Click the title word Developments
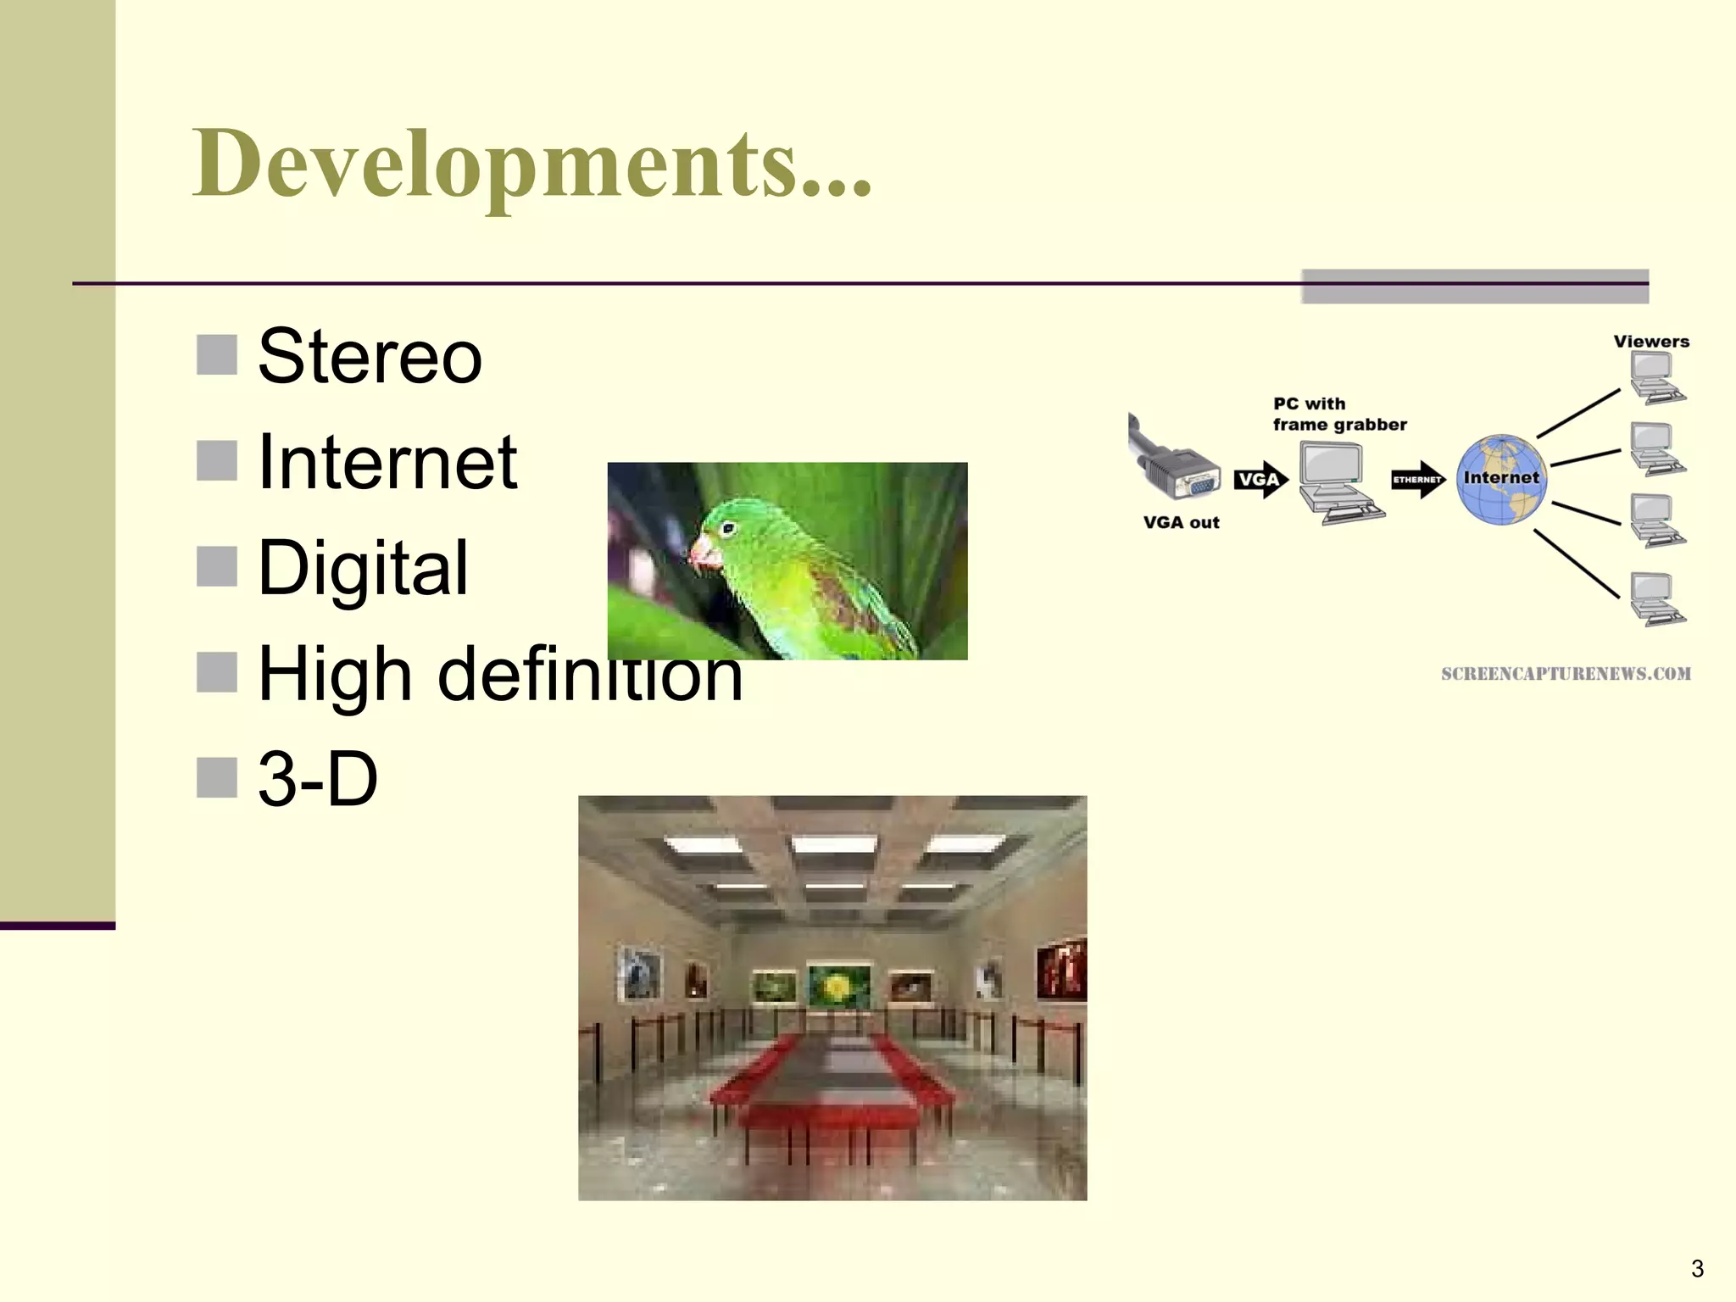(531, 164)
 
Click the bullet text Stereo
(370, 356)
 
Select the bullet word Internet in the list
(387, 462)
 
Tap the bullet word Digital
(362, 567)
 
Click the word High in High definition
(335, 674)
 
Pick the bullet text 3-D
(317, 778)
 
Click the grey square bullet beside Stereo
(216, 354)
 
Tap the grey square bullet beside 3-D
(216, 777)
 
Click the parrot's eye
(727, 529)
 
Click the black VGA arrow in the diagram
(1260, 480)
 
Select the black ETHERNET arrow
(1417, 480)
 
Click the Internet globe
(1501, 480)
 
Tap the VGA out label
(1181, 523)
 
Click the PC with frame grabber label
(1338, 415)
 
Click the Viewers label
(1650, 342)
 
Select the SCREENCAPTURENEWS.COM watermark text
(1565, 674)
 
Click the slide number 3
(1697, 1268)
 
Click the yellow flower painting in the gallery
(838, 986)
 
